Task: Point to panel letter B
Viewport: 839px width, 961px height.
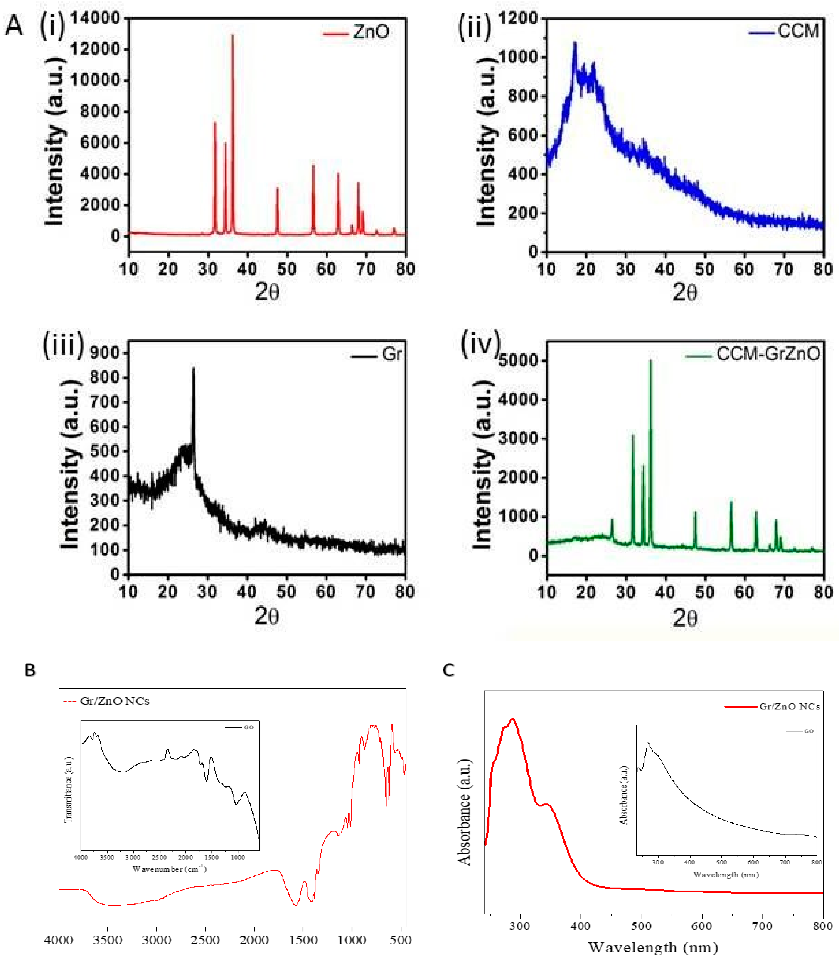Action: coord(30,670)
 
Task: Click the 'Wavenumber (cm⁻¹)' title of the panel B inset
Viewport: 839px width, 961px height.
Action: coord(170,869)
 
